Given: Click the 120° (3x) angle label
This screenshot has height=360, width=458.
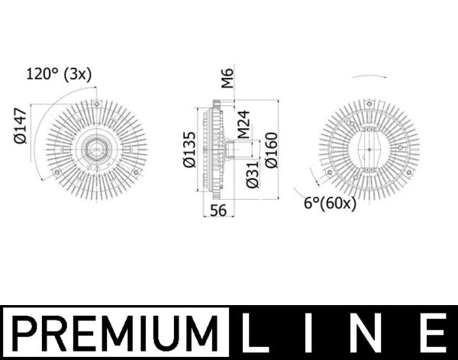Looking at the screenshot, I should coord(59,75).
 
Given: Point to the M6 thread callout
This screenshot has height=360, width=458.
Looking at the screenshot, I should coord(227,79).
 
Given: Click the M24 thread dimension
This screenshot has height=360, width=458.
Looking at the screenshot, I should coord(243,124).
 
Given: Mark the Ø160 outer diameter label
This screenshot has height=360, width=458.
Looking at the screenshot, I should coord(269,149).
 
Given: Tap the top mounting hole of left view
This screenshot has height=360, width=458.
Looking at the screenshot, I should coord(96,103).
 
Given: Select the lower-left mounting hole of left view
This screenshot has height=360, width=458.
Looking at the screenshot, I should coord(57,172).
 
